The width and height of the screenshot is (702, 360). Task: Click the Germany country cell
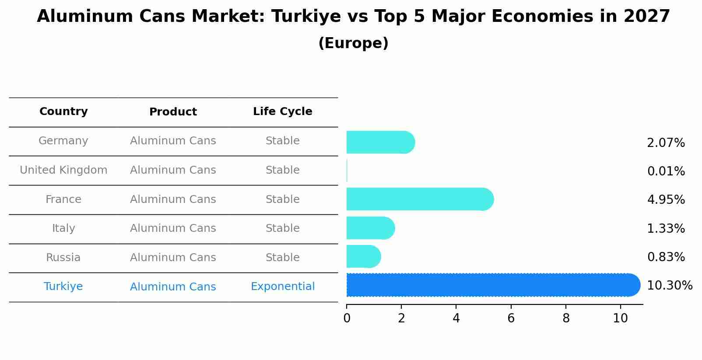[63, 141]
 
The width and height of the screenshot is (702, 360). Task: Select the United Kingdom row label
[63, 170]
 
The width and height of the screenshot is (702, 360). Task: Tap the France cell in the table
[63, 199]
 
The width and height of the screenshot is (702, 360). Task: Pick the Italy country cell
[63, 228]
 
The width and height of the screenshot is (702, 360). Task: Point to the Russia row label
[63, 258]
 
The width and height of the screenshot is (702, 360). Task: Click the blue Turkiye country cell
[63, 287]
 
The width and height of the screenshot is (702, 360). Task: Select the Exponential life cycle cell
[283, 287]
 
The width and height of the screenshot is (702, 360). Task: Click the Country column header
[63, 112]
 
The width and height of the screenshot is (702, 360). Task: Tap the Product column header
[173, 112]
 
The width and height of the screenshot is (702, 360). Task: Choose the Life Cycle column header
[283, 112]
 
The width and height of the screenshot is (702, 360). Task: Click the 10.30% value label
[669, 286]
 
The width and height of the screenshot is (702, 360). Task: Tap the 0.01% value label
[666, 171]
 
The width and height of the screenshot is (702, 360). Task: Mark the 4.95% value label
[666, 200]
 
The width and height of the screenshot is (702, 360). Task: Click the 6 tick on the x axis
[511, 318]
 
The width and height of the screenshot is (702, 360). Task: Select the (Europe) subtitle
[353, 43]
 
